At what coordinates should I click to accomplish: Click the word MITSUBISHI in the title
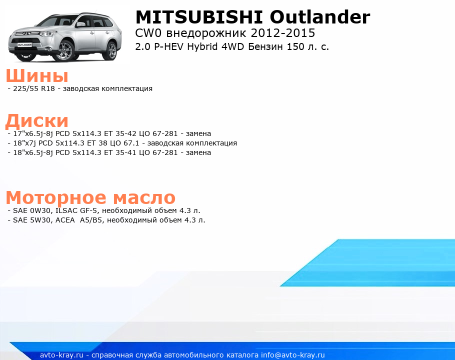click(199, 17)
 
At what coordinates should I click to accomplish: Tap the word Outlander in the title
click(320, 17)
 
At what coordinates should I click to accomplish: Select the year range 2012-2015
click(283, 33)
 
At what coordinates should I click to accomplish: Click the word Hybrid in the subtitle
click(202, 46)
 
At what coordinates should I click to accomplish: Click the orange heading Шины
click(37, 75)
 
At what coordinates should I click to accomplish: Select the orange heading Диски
click(37, 120)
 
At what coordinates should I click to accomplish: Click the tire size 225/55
click(25, 88)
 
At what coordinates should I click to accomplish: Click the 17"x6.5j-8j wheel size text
click(33, 133)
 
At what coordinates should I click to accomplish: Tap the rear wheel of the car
click(111, 50)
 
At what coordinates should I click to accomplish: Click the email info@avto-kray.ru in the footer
click(293, 355)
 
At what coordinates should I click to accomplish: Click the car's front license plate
click(24, 45)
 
